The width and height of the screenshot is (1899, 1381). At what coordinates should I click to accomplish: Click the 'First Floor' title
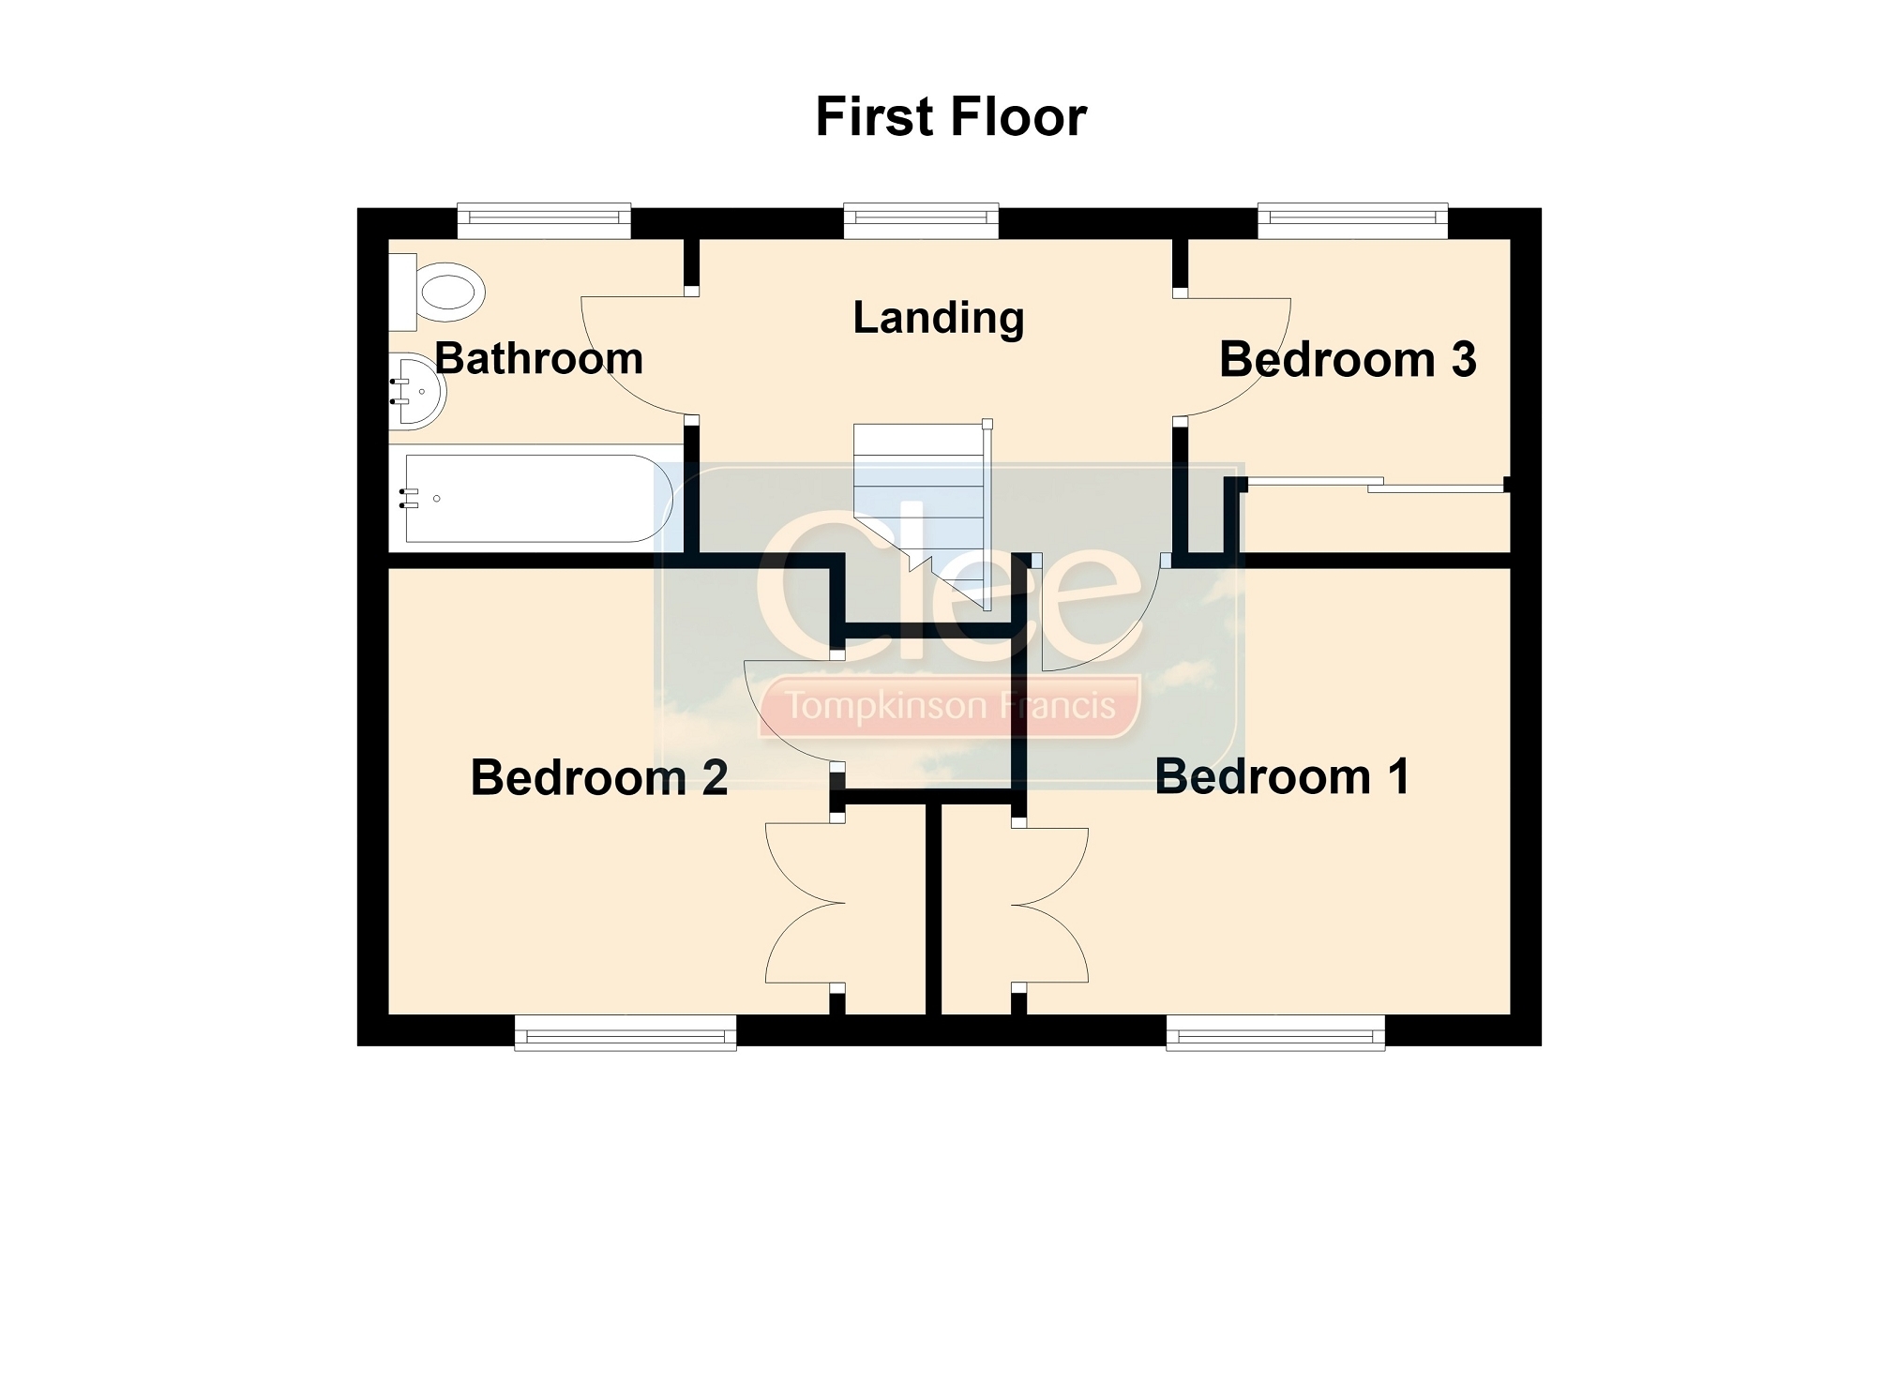[951, 117]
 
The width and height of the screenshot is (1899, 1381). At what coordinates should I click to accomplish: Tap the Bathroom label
[539, 359]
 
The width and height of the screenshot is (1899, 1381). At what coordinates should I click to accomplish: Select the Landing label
[939, 319]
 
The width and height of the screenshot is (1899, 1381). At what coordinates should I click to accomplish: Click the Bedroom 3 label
[1348, 360]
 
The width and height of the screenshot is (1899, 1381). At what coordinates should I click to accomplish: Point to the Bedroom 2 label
[599, 778]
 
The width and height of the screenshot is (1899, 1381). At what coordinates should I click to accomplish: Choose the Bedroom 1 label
[1282, 777]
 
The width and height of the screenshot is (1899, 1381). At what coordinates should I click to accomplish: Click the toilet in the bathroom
[437, 291]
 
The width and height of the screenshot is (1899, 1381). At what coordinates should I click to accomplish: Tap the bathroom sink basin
[415, 391]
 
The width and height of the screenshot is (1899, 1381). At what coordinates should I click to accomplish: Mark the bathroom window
[544, 218]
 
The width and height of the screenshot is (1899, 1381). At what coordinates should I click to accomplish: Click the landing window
[921, 218]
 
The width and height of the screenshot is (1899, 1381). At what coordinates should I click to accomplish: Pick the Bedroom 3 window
[1352, 218]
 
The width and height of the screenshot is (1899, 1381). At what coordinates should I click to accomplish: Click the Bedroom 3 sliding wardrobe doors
[1376, 485]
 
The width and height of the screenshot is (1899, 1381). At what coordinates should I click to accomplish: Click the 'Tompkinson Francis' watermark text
[951, 705]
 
